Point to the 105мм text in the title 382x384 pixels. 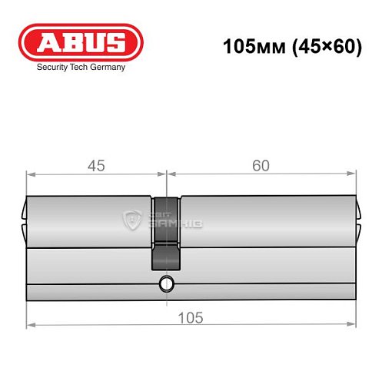[x=248, y=46]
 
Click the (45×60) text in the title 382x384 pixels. [x=317, y=46]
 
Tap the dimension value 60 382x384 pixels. [x=261, y=164]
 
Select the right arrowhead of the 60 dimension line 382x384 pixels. [x=354, y=175]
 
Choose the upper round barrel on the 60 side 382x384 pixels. [x=269, y=223]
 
